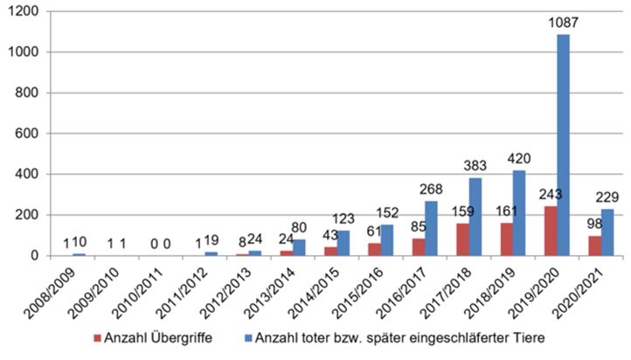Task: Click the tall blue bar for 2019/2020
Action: [564, 145]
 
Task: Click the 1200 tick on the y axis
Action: [22, 12]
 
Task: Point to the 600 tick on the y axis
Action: [25, 134]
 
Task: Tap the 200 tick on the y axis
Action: [25, 215]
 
